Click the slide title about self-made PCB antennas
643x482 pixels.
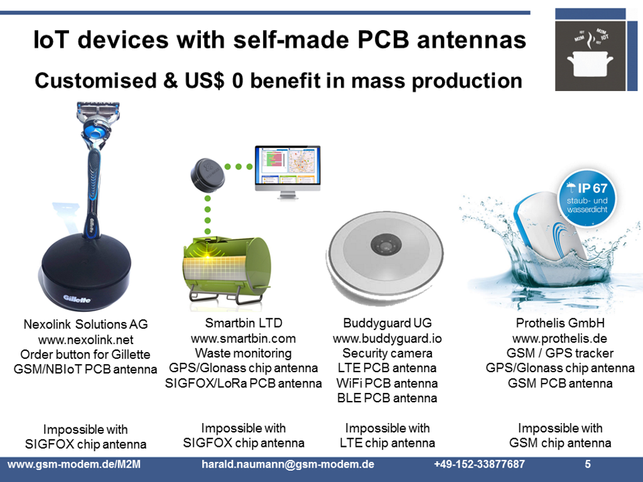[279, 40]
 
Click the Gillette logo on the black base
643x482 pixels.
[77, 299]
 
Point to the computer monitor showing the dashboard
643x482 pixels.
[286, 166]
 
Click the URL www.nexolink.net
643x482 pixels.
[85, 340]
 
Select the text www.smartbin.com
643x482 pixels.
[243, 338]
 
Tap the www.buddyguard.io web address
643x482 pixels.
[387, 338]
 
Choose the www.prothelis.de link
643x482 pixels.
[559, 338]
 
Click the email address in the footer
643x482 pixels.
[288, 464]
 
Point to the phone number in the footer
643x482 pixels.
[479, 464]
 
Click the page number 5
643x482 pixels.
[588, 464]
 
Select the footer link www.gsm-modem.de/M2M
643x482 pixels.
[73, 464]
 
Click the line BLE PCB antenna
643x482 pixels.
[387, 398]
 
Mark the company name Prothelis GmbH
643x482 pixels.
[559, 323]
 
